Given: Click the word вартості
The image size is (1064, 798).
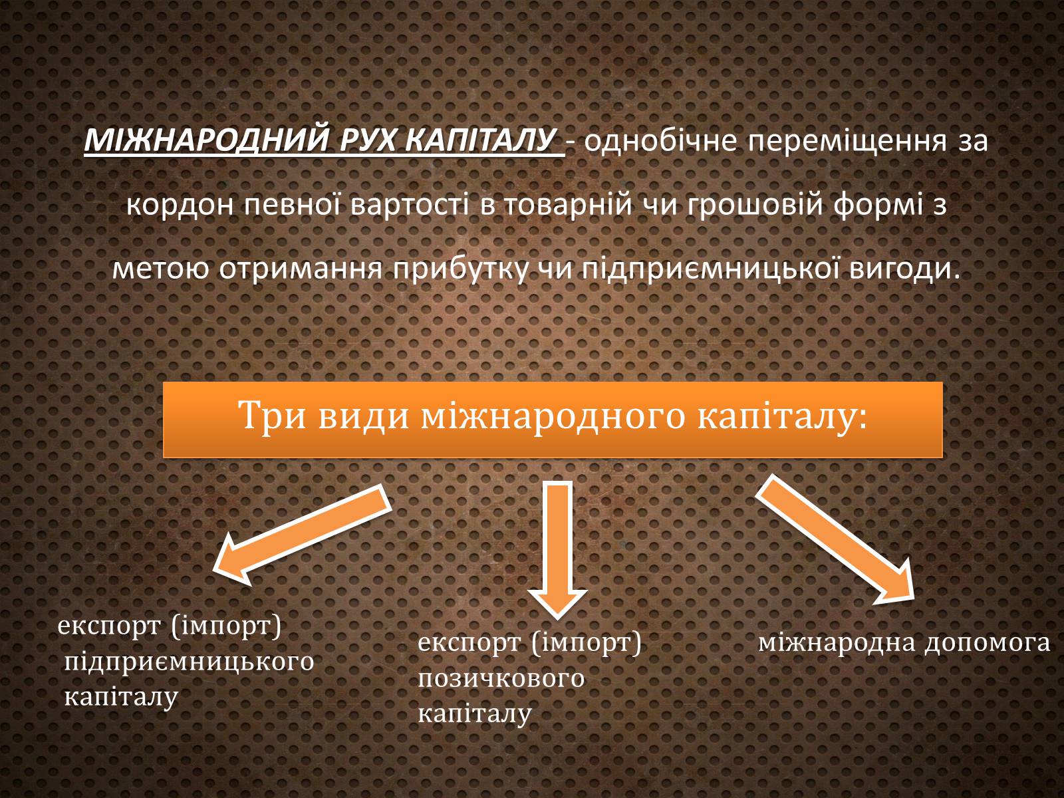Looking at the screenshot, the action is pos(409,204).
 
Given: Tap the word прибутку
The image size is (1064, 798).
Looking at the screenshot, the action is pos(460,269).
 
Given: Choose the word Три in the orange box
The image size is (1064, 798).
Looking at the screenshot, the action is pos(272,415).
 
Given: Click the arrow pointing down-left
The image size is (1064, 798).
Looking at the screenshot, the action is pos(302,535).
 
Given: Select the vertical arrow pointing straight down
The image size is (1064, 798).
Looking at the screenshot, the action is pos(557,550).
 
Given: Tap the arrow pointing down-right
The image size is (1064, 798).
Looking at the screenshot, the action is pos(835,540).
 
